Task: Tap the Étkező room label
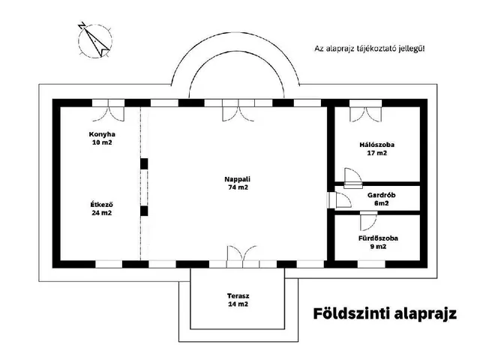tap(101, 208)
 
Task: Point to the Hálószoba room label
tap(377, 148)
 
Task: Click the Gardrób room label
tap(381, 198)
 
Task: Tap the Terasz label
tap(237, 300)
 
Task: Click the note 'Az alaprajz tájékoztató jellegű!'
tap(370, 49)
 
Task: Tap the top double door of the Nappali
tap(236, 110)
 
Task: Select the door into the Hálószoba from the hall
tap(349, 176)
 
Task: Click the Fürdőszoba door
tap(367, 221)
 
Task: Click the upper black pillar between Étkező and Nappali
tap(144, 163)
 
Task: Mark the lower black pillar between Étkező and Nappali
tap(144, 211)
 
